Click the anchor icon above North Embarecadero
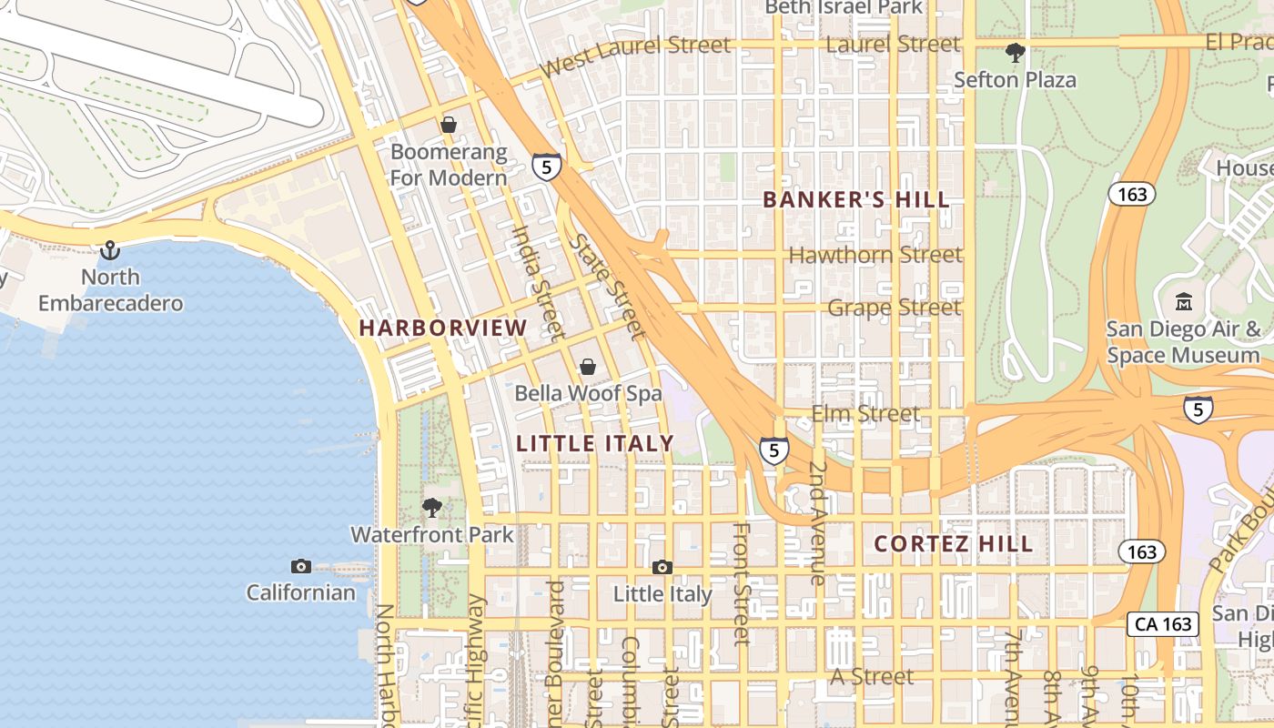pos(110,249)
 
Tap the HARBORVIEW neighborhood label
pos(443,328)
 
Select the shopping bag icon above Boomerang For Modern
pos(449,125)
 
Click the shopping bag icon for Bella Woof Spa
pos(588,367)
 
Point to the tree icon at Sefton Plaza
pos(1015,53)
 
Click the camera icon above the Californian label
pos(301,566)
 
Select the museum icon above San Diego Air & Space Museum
pos(1184,301)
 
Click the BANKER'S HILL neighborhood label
pos(855,200)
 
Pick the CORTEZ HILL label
pos(954,544)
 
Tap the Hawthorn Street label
pos(875,256)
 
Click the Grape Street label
pos(894,308)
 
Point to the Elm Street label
pos(865,414)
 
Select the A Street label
pos(872,676)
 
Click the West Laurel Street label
pos(634,56)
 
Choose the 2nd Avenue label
pos(816,523)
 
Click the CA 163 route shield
pos(1162,624)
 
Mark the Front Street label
pos(742,582)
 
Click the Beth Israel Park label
pos(844,7)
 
